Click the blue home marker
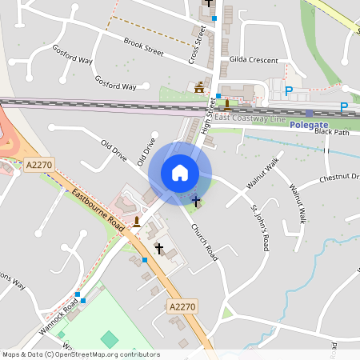pos(180,173)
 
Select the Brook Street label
pos(143,48)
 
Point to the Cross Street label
pos(194,44)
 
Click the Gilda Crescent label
pos(253,61)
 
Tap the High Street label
pos(210,111)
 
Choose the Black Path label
pos(332,133)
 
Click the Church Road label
pos(204,241)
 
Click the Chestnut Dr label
pos(340,178)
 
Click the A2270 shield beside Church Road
pos(182,306)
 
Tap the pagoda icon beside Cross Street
pos(198,87)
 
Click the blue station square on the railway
pos(309,114)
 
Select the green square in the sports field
pos(108,338)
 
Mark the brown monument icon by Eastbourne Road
pos(138,222)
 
